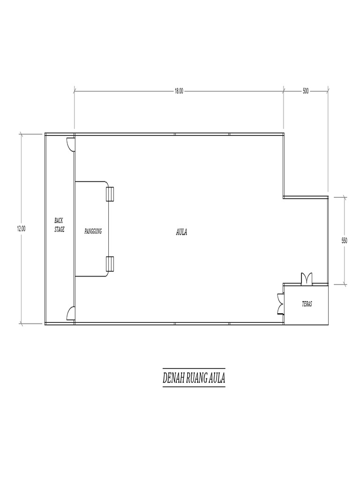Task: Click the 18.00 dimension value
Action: tap(179, 91)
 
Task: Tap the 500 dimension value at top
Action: tap(306, 91)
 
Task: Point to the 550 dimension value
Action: tap(345, 240)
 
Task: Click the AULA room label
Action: tap(181, 231)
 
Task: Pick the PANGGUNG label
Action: tap(93, 231)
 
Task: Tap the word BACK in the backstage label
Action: tap(59, 220)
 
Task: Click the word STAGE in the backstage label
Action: tap(59, 229)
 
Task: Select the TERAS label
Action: tap(307, 304)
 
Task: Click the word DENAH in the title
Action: tap(173, 378)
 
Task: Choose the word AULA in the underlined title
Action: tap(217, 378)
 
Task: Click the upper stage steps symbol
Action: tap(110, 194)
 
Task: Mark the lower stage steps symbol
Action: tap(110, 264)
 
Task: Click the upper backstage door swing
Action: tap(70, 144)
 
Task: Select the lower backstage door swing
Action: tap(70, 313)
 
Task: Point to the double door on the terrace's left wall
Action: tap(280, 303)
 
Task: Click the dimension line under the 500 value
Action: tap(306, 88)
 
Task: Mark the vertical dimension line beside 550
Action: tap(345, 262)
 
